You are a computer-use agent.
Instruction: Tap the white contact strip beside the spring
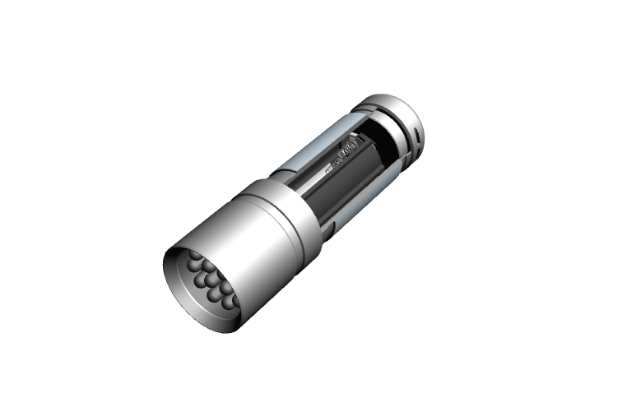330,169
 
